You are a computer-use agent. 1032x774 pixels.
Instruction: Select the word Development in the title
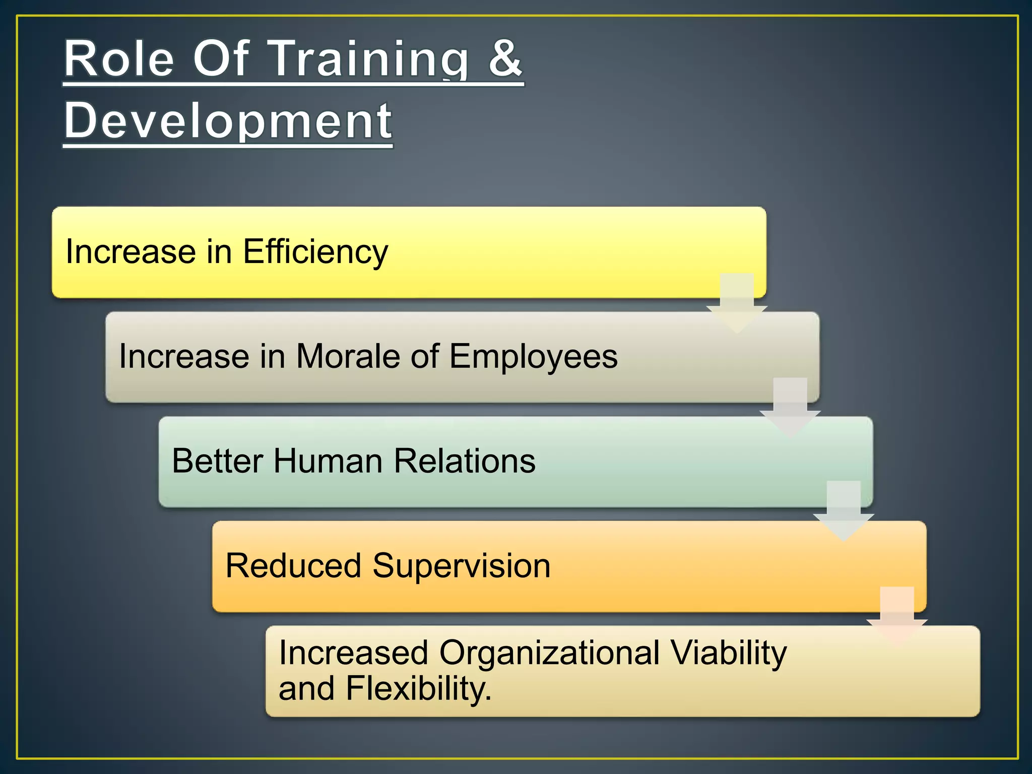pos(228,121)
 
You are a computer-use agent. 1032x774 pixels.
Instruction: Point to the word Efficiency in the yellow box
pos(315,251)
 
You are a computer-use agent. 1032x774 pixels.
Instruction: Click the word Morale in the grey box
pos(348,356)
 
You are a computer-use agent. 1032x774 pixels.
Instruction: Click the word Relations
pos(464,461)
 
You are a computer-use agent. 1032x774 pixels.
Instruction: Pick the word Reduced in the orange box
pos(294,565)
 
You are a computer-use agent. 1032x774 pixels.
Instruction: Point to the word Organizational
pos(549,653)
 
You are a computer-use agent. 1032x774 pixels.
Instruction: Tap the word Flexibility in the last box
pos(418,688)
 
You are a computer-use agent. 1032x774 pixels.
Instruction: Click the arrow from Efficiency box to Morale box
pos(737,302)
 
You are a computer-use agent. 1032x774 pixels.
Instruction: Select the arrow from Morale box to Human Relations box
pos(790,407)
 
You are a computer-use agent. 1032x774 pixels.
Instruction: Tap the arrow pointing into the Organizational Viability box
pos(897,616)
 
